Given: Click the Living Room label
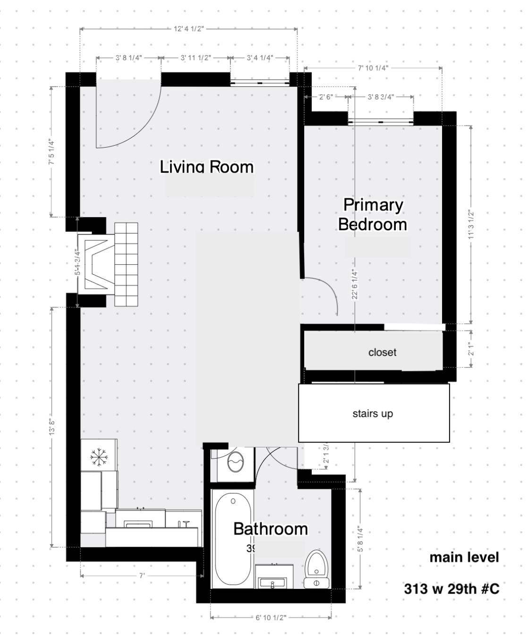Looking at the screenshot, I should pyautogui.click(x=206, y=167).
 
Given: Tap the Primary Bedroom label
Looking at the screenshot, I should pyautogui.click(x=373, y=214).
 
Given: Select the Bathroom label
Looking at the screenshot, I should pyautogui.click(x=271, y=529).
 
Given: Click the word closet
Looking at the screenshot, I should pyautogui.click(x=382, y=352).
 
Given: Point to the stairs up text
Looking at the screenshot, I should pyautogui.click(x=373, y=414).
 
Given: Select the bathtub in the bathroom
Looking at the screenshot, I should pyautogui.click(x=232, y=538).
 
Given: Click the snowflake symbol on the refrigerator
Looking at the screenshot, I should pyautogui.click(x=99, y=456).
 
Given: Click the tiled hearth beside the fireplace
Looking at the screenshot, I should pyautogui.click(x=126, y=264).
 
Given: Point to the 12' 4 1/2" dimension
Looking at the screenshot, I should pyautogui.click(x=189, y=29).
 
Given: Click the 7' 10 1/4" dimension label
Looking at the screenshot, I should pyautogui.click(x=373, y=68).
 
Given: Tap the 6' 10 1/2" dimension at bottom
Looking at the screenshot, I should pyautogui.click(x=271, y=618).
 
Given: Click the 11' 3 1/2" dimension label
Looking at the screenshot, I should pyautogui.click(x=471, y=225).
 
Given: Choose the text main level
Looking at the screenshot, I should pyautogui.click(x=464, y=557).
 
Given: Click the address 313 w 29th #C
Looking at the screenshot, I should pyautogui.click(x=451, y=589).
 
